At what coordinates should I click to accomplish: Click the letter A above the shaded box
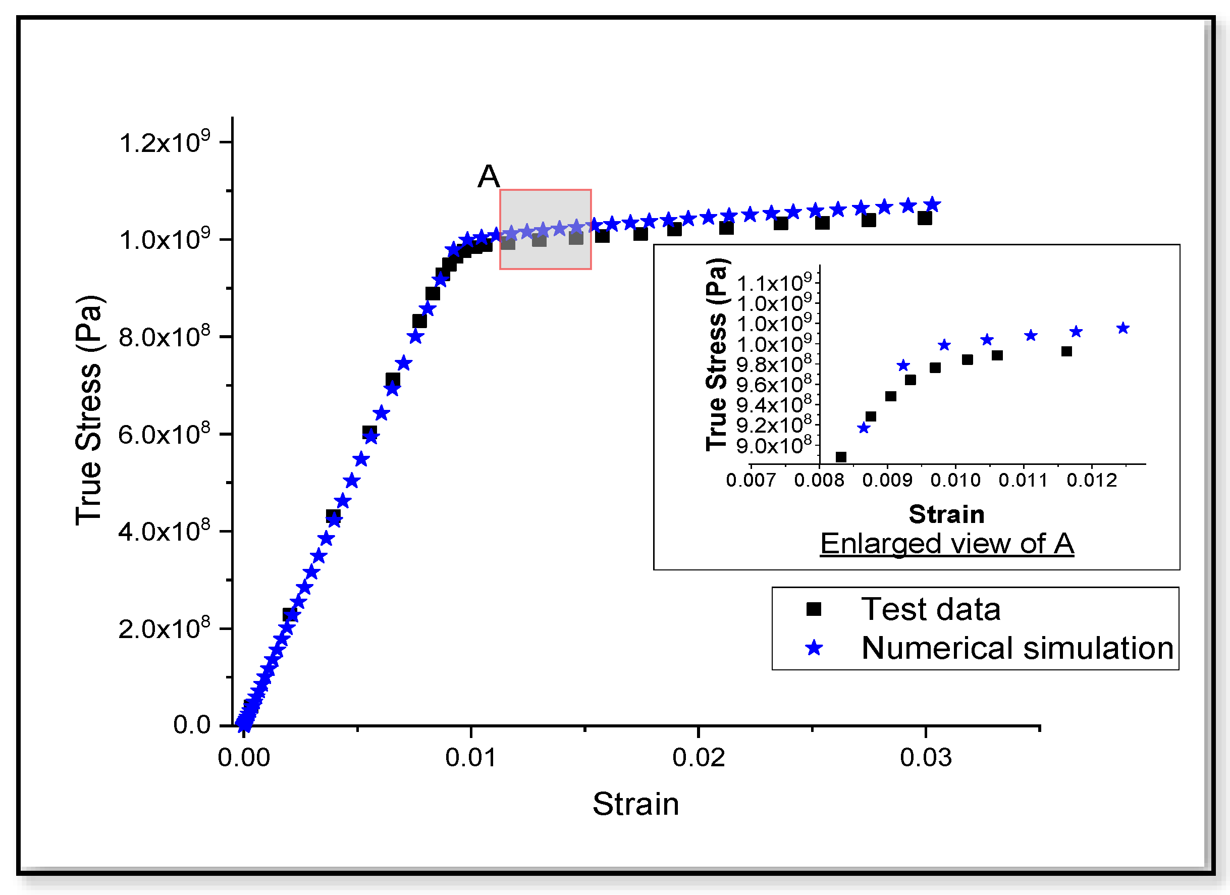point(488,176)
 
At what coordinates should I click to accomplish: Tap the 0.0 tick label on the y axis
point(191,725)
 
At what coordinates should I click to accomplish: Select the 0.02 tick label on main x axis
point(698,757)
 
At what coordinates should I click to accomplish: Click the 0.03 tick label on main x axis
point(925,757)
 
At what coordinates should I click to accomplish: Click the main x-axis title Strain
point(635,804)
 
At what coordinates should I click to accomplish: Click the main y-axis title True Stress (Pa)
point(88,410)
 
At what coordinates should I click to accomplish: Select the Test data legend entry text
point(931,609)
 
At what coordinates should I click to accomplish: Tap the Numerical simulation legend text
point(1018,648)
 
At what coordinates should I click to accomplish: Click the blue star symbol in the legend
point(814,648)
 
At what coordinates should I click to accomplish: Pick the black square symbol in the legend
point(814,609)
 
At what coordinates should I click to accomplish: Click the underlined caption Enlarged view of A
point(947,544)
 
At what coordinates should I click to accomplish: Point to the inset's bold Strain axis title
point(946,514)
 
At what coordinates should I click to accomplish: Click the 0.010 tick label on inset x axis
point(955,481)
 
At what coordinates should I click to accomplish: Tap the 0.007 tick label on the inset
point(751,481)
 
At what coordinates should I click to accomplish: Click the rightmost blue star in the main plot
point(932,204)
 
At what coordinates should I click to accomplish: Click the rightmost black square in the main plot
point(925,218)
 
